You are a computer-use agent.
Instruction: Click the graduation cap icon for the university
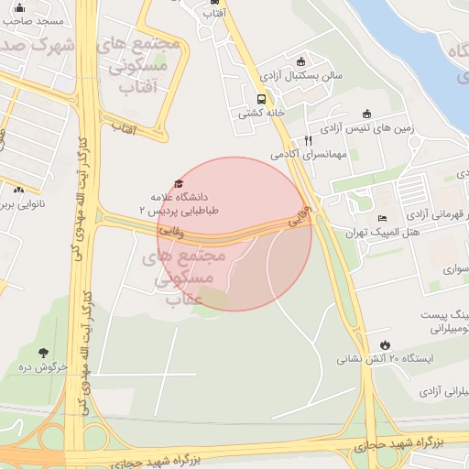click(x=178, y=184)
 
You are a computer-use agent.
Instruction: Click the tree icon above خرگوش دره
click(x=44, y=353)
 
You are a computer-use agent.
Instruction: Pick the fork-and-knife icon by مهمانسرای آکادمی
click(x=308, y=140)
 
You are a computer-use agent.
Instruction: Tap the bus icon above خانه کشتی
click(x=261, y=99)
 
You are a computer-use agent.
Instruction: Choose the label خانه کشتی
click(x=258, y=114)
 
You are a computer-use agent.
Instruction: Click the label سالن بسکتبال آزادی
click(x=300, y=76)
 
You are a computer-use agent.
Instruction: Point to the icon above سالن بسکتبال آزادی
click(x=300, y=62)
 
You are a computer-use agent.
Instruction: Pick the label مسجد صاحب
click(x=33, y=19)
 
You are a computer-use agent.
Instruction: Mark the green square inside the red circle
click(x=213, y=297)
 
